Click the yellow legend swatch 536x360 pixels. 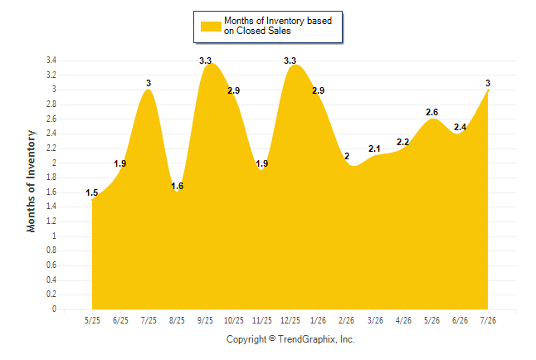pos(211,27)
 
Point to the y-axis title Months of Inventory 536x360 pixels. pos(31,181)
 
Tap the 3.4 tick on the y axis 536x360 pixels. pos(51,61)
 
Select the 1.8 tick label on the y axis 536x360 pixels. pos(51,178)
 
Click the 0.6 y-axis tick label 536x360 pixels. pos(51,265)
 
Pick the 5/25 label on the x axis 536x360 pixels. pos(92,320)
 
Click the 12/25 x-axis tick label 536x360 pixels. pos(290,320)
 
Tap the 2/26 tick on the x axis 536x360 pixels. pos(347,320)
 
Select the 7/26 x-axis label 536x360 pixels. pos(488,320)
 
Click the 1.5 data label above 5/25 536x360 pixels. pos(91,192)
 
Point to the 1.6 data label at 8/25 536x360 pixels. pos(177,186)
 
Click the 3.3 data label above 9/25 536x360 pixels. pos(206,61)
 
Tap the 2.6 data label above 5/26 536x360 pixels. pos(431,112)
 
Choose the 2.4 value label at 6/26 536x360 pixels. pos(460,127)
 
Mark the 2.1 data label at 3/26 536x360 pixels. pos(374,148)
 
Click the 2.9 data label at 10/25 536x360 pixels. pos(234,90)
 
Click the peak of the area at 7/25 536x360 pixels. pos(149,90)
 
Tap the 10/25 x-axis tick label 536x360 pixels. pos(234,320)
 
